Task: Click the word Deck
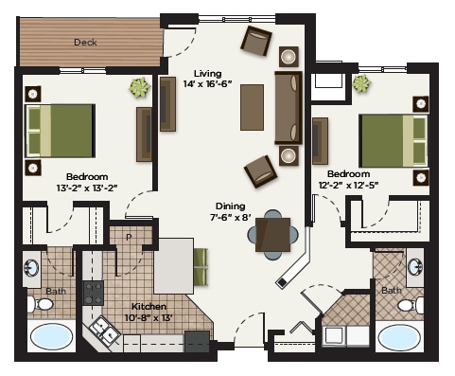coord(85,42)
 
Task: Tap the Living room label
coord(209,74)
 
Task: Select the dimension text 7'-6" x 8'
coord(229,218)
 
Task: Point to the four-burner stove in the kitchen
coord(95,293)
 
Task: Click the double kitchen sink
coord(99,329)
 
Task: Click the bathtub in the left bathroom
coord(51,337)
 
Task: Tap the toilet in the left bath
coord(41,304)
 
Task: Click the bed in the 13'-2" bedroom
coord(61,131)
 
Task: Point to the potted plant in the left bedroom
coord(140,87)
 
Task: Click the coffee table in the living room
coord(252,107)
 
